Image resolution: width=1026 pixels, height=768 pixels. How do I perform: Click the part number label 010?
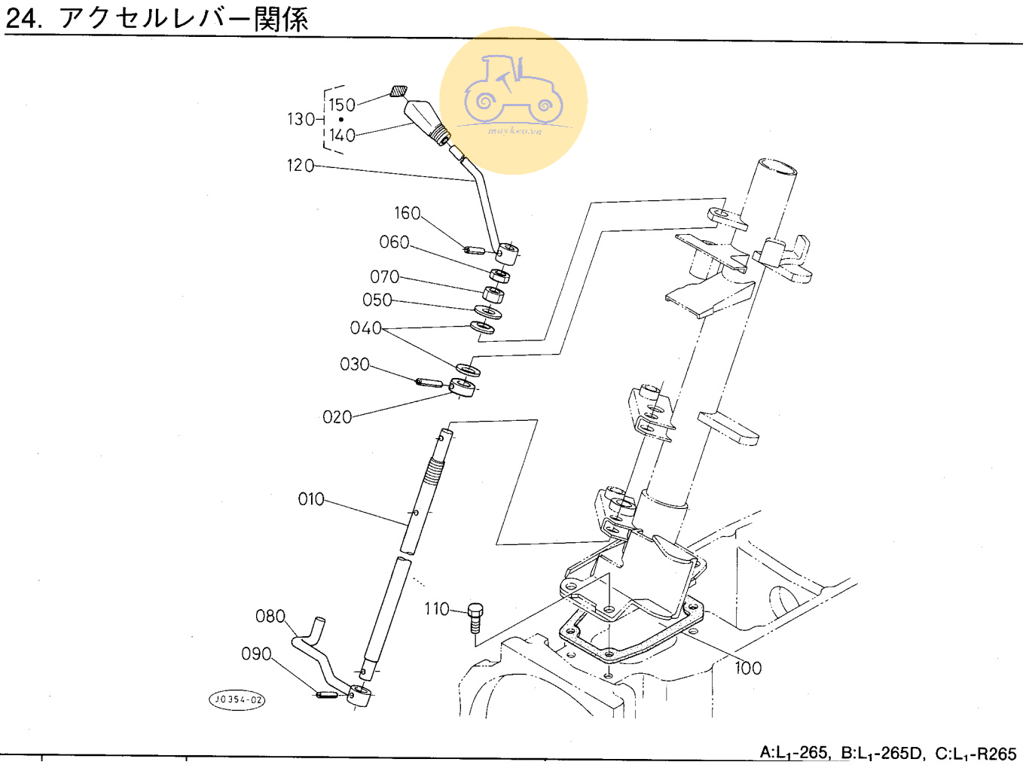click(310, 499)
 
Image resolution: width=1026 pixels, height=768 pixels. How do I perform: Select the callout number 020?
click(337, 417)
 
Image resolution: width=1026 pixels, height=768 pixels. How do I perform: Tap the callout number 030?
click(354, 364)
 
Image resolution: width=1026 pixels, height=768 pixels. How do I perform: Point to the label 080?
click(270, 617)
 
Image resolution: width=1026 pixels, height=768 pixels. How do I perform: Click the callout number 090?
click(256, 654)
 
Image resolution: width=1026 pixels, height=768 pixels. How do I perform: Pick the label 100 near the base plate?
click(747, 668)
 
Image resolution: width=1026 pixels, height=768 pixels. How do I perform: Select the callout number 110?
click(436, 608)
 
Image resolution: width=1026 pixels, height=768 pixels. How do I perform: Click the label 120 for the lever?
click(300, 165)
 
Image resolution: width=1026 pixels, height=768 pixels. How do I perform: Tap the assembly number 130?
click(300, 119)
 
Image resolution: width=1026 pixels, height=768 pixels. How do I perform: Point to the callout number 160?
click(407, 213)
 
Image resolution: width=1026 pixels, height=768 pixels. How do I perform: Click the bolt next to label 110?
click(475, 617)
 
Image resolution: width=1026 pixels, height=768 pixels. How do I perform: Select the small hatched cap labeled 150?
click(398, 92)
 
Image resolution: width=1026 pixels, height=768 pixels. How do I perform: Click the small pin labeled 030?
click(429, 382)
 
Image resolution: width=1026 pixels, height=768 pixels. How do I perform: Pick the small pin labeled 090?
click(326, 694)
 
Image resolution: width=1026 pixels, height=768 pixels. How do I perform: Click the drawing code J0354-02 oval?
click(237, 699)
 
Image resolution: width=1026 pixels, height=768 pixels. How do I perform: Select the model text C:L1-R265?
click(976, 753)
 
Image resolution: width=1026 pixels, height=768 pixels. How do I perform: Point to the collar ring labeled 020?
click(463, 387)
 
